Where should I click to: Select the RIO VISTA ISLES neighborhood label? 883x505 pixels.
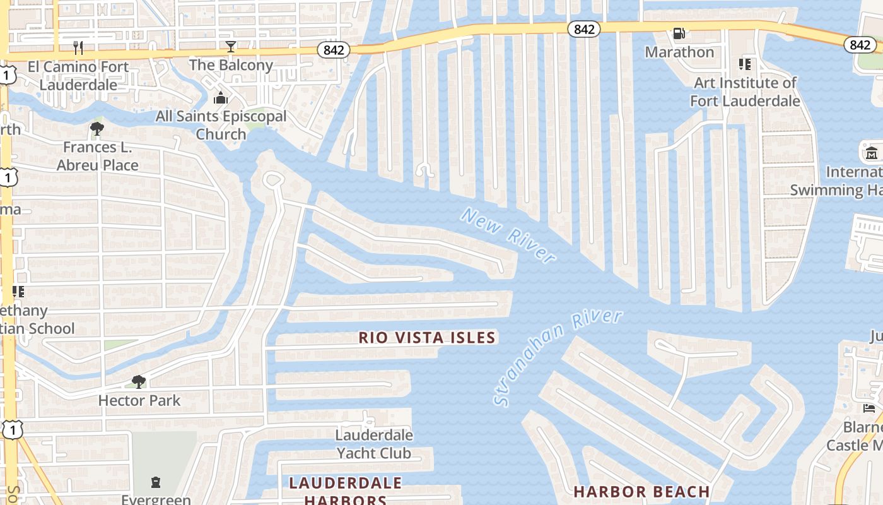pos(427,338)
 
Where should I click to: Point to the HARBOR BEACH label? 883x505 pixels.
pos(641,492)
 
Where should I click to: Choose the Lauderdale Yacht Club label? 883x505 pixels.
pos(374,444)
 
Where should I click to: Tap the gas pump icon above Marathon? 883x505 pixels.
pos(679,33)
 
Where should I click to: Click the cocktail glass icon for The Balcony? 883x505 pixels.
pos(231,47)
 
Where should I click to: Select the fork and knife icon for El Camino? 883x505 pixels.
pos(78,48)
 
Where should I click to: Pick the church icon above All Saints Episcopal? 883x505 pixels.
pos(220,98)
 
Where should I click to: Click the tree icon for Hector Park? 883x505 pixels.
pos(139,381)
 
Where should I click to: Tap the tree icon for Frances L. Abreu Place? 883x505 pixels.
pos(97,129)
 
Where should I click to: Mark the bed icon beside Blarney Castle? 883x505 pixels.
pos(869,408)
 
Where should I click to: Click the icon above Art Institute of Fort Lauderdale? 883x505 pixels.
pos(745,64)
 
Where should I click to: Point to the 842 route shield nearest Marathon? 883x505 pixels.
pos(583,29)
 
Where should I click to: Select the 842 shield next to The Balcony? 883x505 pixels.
pos(333,50)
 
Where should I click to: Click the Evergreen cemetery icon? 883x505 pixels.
pos(156,483)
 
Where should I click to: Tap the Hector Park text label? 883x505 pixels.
pos(139,400)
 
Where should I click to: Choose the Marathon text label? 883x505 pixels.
pos(679,52)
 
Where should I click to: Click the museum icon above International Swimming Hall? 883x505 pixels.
pos(871,152)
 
